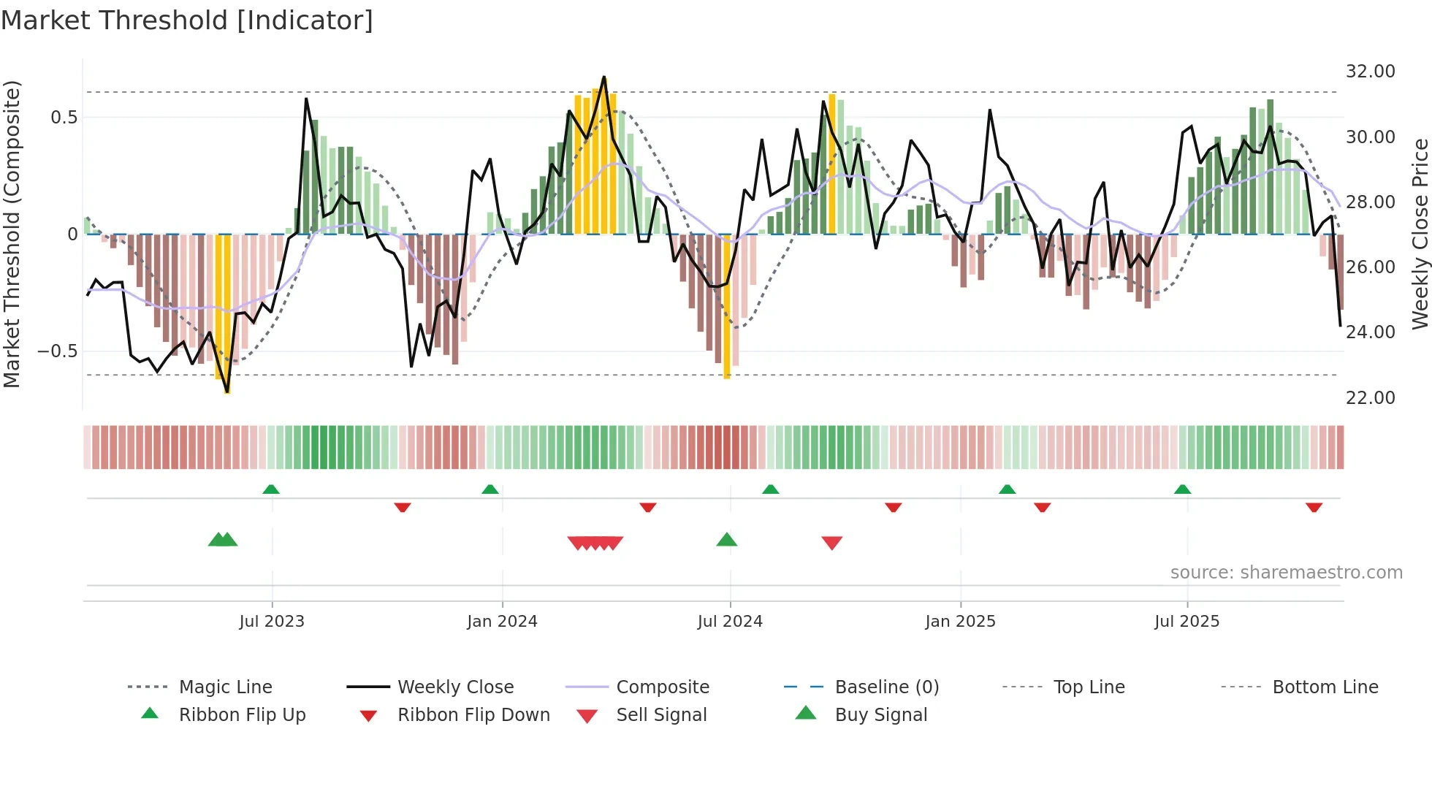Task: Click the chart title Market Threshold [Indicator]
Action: point(187,20)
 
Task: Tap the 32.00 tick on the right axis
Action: point(1370,72)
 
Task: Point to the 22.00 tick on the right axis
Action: point(1370,398)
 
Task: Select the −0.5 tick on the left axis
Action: point(57,351)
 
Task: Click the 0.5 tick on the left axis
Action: point(64,118)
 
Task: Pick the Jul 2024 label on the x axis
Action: point(729,622)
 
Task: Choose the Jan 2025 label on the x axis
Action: point(959,622)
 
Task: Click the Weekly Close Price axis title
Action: point(1420,234)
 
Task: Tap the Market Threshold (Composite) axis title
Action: point(12,234)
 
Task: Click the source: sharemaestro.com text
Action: point(1286,573)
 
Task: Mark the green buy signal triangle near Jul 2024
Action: point(726,540)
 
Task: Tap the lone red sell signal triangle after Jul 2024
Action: point(831,543)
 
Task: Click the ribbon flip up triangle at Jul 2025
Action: point(1182,489)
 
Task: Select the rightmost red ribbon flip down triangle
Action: point(1314,507)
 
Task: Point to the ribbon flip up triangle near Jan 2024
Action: point(490,489)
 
